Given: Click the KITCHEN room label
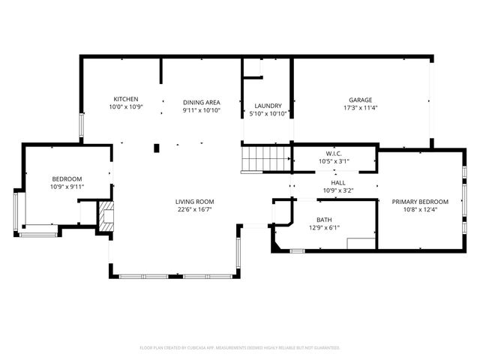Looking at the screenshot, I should (126, 99).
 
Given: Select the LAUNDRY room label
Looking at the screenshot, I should (268, 106).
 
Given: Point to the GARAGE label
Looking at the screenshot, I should (360, 100).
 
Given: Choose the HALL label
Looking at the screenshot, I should (337, 182).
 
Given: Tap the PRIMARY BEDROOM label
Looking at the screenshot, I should (420, 201).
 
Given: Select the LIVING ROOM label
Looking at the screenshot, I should (195, 202).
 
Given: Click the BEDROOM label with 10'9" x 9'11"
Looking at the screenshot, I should (67, 178).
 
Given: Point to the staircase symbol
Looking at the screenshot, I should (265, 159).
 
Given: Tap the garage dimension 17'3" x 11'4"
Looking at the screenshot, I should (360, 108).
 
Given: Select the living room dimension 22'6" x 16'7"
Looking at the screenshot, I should (195, 210).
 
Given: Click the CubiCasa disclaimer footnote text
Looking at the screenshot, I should (240, 347).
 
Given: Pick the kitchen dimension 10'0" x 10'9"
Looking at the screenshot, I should (126, 107).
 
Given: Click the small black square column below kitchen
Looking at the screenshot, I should (157, 148).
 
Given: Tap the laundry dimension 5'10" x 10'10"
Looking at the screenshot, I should (268, 114).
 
